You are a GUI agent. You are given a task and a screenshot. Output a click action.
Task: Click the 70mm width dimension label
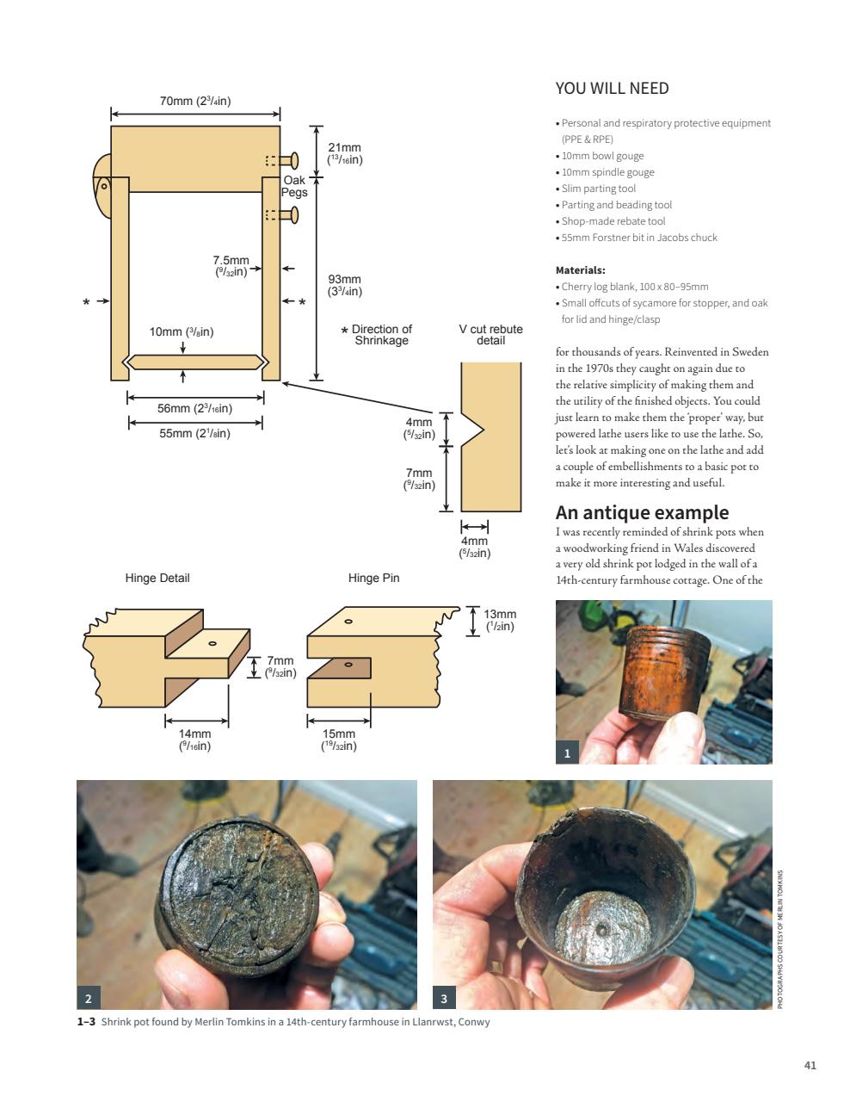point(195,101)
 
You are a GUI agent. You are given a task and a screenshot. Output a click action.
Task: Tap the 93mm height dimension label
point(344,285)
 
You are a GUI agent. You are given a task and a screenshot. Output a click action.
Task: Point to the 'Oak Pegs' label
point(294,186)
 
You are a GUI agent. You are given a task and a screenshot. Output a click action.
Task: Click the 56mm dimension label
point(194,408)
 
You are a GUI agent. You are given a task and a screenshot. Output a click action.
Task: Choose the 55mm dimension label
point(194,433)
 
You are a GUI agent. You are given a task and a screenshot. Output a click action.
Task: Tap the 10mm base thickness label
point(182,331)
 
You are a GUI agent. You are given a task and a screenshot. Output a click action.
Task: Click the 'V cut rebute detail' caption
point(490,334)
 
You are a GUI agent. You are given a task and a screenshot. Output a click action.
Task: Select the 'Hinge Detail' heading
point(157,578)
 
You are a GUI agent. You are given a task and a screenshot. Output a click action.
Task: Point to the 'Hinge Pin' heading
point(373,578)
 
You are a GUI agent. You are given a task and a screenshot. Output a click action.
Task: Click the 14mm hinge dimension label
point(195,740)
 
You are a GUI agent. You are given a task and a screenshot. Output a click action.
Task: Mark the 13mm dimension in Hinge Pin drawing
point(500,620)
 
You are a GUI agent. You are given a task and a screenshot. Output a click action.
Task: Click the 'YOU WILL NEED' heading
point(612,89)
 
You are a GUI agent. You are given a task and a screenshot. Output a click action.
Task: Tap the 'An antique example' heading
point(642,512)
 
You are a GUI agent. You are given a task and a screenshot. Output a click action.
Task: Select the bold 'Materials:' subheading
point(580,269)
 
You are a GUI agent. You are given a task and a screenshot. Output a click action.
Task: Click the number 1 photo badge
point(567,753)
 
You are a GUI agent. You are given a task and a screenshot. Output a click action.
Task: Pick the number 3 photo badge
point(444,998)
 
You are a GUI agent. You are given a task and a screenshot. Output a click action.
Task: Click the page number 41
point(810,1065)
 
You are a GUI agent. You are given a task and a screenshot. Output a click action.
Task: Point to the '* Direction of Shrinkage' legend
point(377,335)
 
